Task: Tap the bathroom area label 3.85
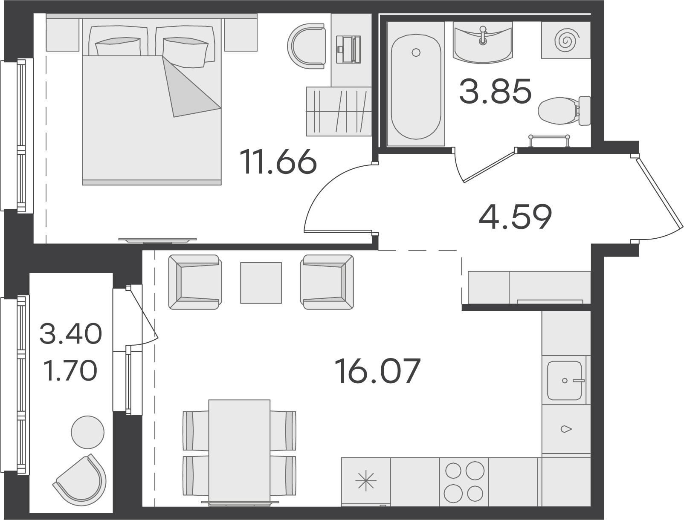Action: [x=495, y=91]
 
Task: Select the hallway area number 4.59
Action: [x=515, y=217]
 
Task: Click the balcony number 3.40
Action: [x=71, y=333]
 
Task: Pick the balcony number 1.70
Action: [x=71, y=370]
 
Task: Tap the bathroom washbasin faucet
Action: [x=483, y=36]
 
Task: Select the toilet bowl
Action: [x=564, y=110]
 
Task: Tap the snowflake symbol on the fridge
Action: [x=366, y=480]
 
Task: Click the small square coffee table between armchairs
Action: [x=261, y=283]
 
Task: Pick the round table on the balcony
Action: [x=87, y=432]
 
